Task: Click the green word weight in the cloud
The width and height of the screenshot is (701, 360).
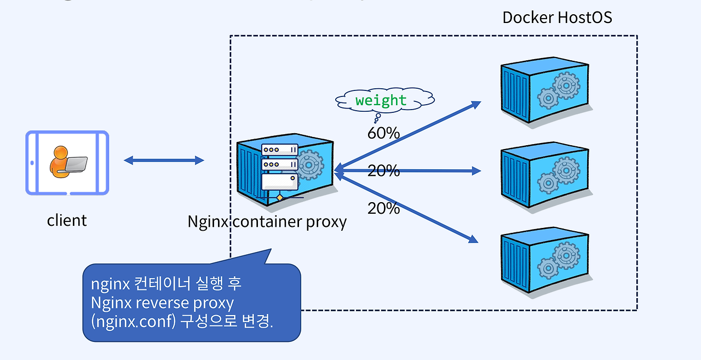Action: tap(381, 101)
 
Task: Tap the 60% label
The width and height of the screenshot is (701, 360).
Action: tap(383, 133)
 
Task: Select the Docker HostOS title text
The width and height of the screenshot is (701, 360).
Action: tap(557, 18)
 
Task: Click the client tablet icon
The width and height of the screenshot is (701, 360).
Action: tap(67, 162)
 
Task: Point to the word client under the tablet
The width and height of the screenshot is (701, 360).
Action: tap(67, 220)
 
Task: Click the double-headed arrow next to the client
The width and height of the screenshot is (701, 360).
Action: tap(164, 160)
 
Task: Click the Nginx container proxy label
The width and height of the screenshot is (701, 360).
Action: tap(267, 222)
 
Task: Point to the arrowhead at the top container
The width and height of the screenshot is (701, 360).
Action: tap(475, 104)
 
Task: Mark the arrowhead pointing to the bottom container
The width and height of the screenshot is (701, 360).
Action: tap(474, 239)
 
